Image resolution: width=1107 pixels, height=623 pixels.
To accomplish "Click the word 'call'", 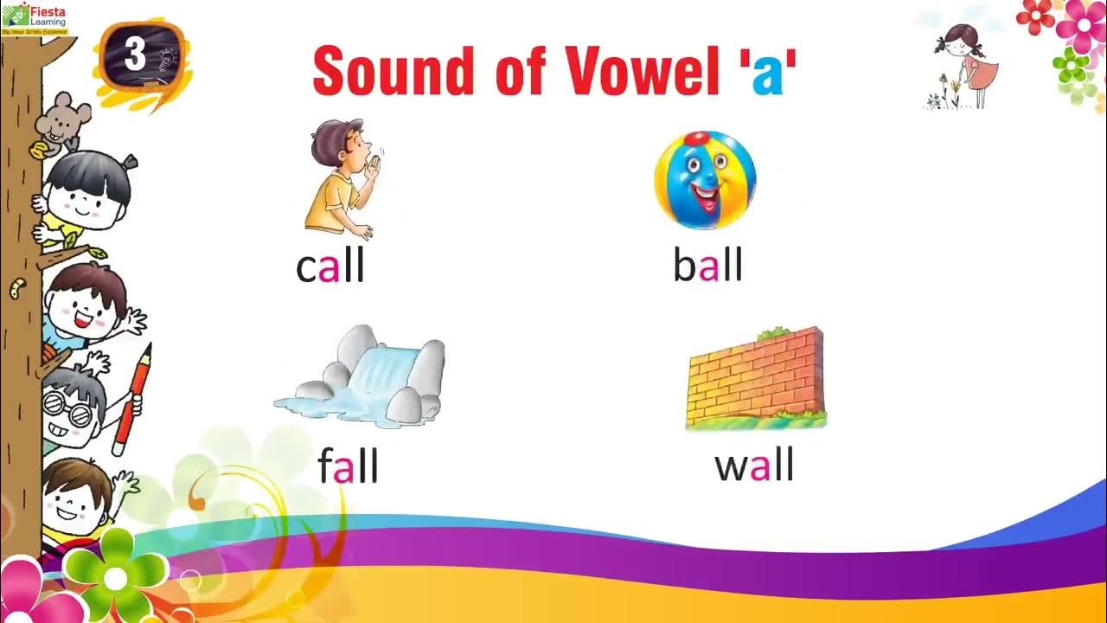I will coord(330,268).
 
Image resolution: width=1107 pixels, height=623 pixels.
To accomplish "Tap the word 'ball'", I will coord(707,267).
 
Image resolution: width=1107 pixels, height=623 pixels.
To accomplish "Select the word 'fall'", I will coord(348,467).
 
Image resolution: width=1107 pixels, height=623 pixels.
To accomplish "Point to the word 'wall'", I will coord(753,467).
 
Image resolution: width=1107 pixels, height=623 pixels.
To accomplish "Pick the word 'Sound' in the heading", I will coord(394,70).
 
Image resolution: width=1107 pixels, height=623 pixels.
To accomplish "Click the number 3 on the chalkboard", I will coord(135,55).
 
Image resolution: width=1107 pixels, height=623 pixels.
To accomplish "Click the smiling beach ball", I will coord(705,180).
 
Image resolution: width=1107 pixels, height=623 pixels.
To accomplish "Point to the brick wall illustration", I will coord(755,378).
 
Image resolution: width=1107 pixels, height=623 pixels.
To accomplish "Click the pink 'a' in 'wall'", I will coord(759,468).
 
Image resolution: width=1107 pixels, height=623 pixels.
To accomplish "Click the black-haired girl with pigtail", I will coord(86,195).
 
